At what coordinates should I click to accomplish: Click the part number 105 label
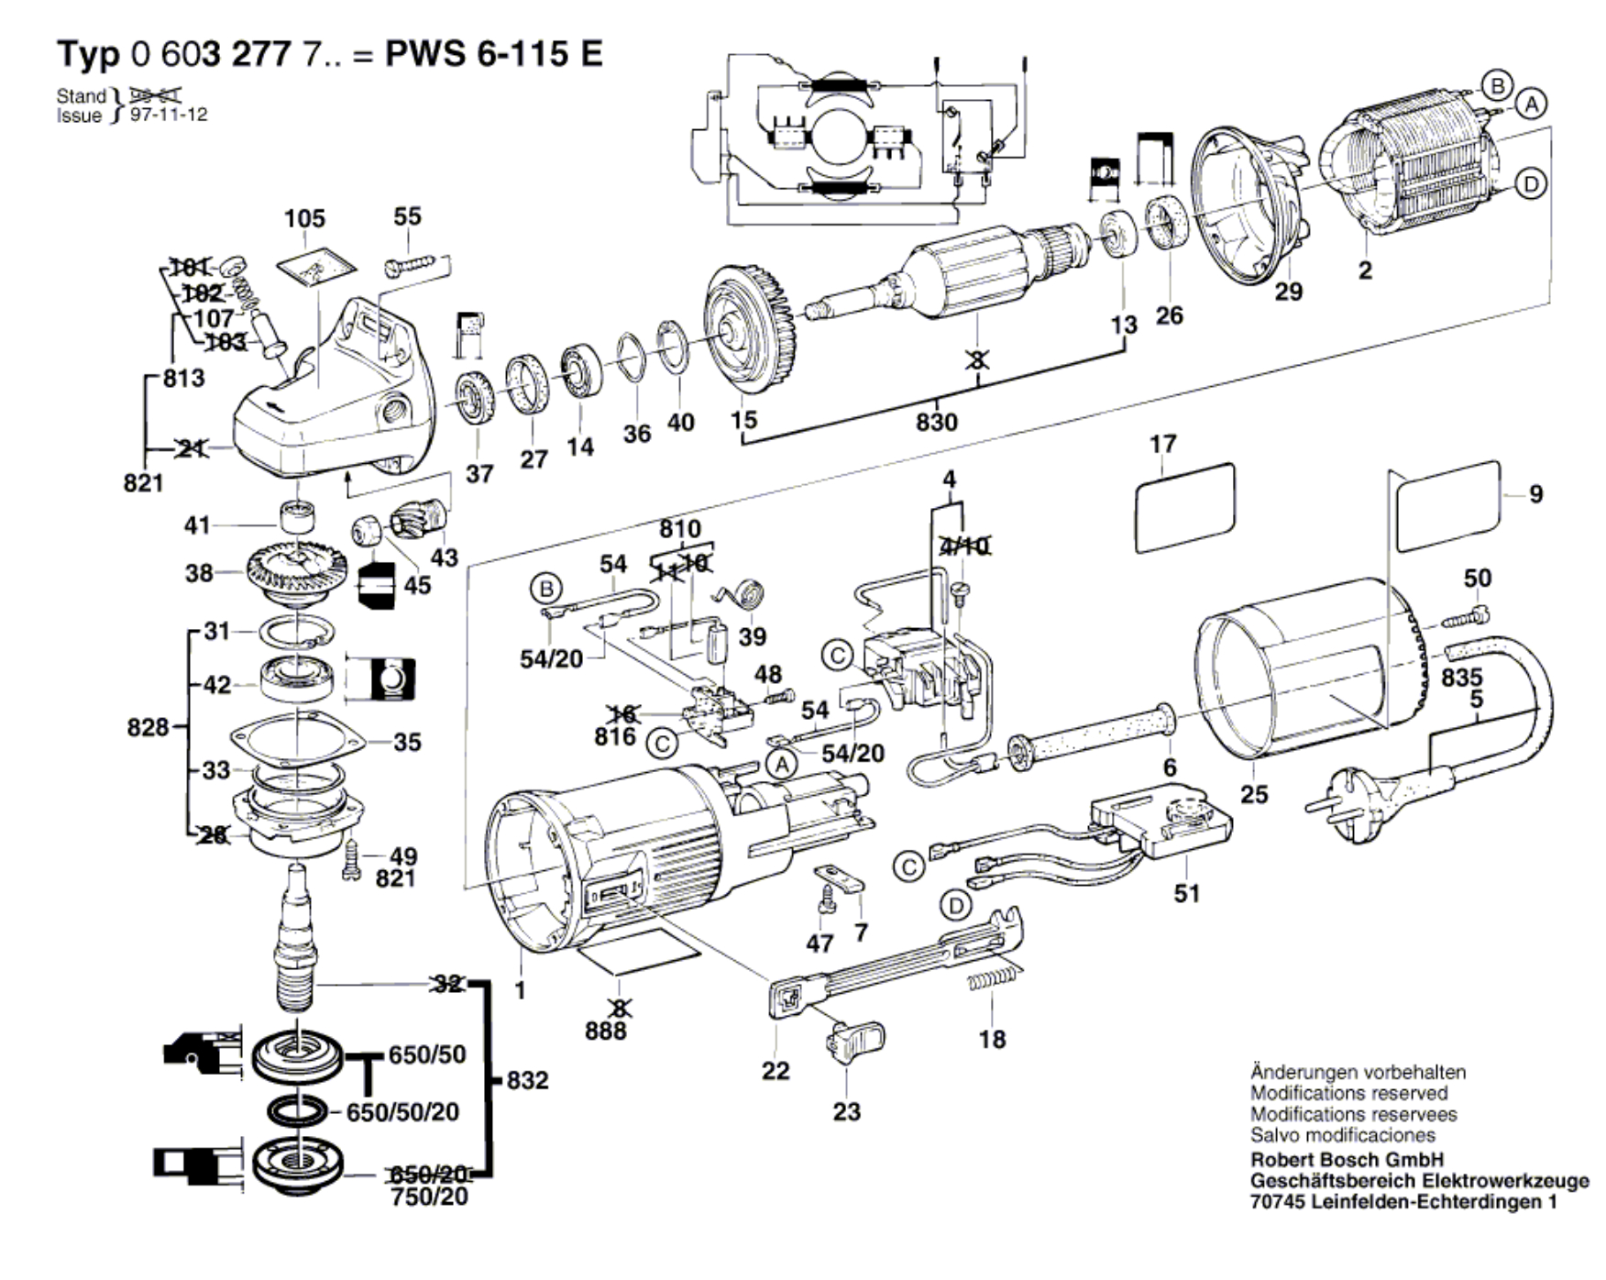pyautogui.click(x=304, y=218)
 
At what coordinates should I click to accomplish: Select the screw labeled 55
pyautogui.click(x=412, y=265)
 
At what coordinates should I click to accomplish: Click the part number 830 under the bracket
pyautogui.click(x=936, y=422)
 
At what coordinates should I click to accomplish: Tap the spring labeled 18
pyautogui.click(x=992, y=979)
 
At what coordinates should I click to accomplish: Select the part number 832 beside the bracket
pyautogui.click(x=527, y=1080)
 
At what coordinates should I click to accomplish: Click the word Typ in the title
pyautogui.click(x=88, y=54)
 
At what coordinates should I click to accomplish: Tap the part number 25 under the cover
pyautogui.click(x=1254, y=794)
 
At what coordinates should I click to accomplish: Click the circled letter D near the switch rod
pyautogui.click(x=956, y=907)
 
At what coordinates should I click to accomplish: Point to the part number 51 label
pyautogui.click(x=1187, y=893)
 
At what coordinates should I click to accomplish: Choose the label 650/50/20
pyautogui.click(x=402, y=1112)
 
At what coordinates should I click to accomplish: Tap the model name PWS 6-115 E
pyautogui.click(x=494, y=54)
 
